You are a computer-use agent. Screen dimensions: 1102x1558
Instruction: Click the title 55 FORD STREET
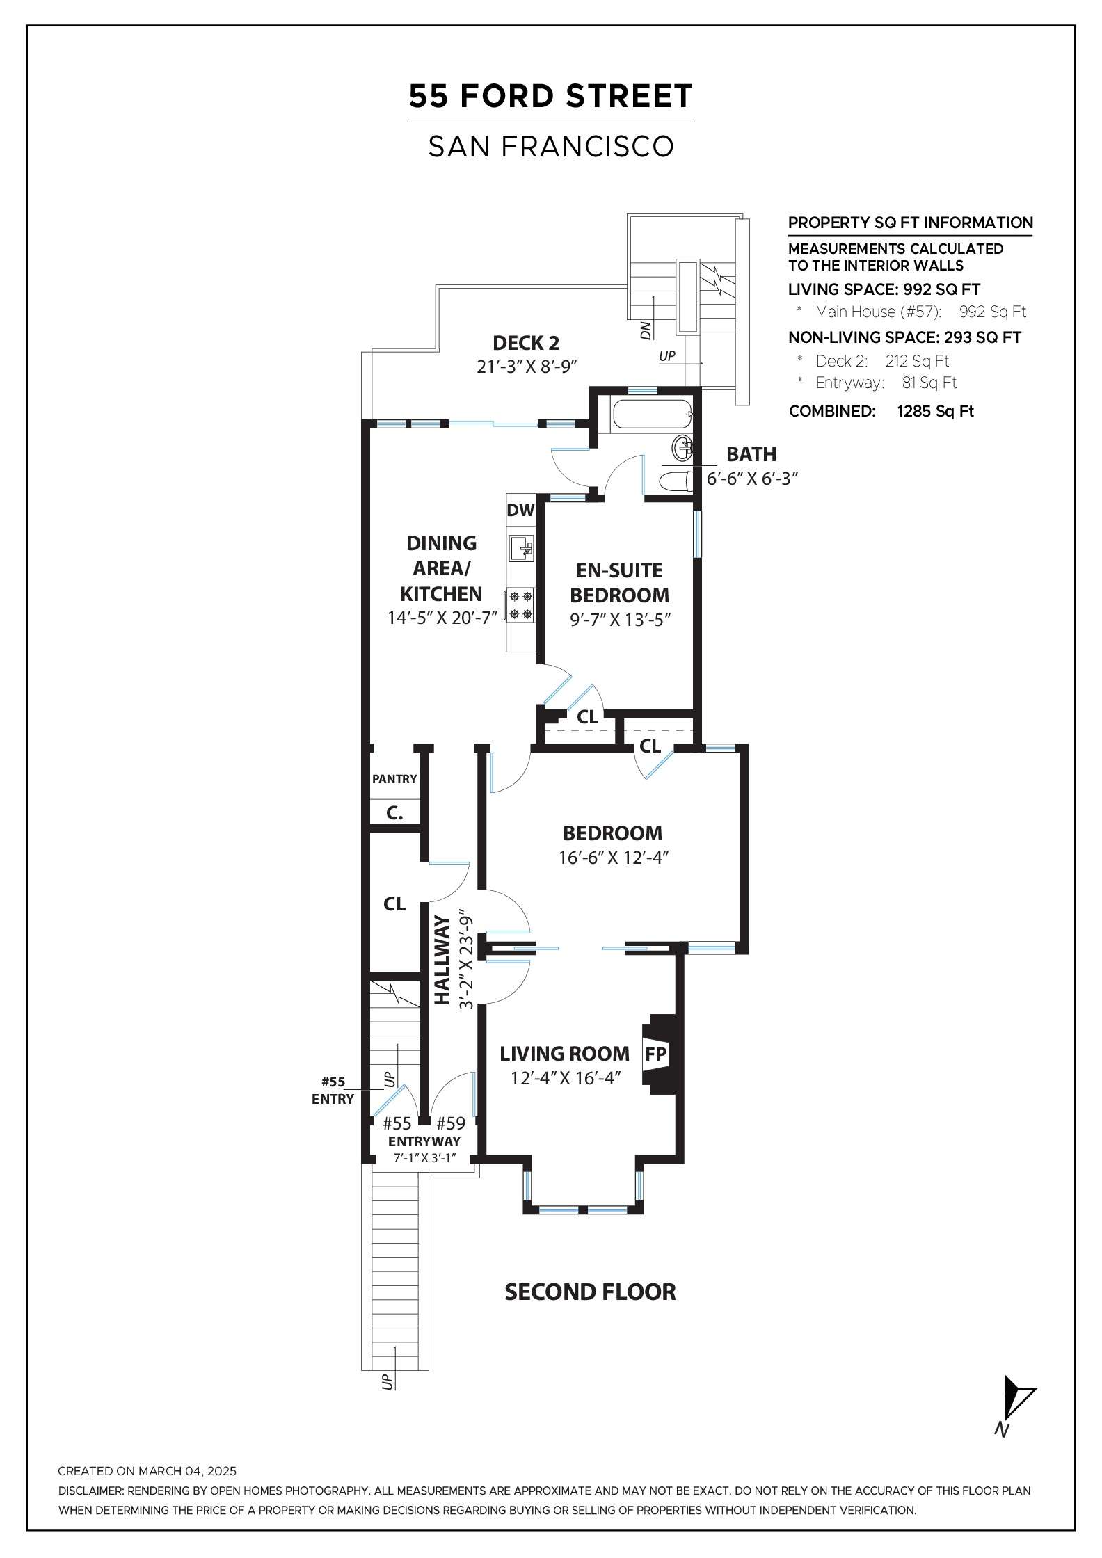(x=550, y=97)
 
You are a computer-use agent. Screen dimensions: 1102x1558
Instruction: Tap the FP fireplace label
(x=656, y=1054)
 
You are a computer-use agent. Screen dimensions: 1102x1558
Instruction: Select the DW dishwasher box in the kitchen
(x=520, y=510)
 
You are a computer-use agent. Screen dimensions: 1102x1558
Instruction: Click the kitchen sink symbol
(x=521, y=548)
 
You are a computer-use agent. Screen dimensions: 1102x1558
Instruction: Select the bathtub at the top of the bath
(x=652, y=415)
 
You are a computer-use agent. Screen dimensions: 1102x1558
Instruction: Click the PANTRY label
(x=394, y=779)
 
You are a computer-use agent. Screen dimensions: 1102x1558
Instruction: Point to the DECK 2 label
(x=526, y=343)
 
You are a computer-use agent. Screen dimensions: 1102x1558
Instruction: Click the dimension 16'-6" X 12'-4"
(x=614, y=858)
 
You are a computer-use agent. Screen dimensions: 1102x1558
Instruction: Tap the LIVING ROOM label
(x=564, y=1054)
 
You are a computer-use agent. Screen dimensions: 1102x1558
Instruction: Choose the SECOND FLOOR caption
(x=590, y=1292)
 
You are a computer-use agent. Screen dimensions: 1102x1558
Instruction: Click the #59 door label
(x=450, y=1123)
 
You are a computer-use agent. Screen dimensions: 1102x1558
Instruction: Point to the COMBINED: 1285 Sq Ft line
(x=881, y=411)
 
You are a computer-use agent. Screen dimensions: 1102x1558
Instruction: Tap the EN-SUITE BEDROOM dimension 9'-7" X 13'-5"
(x=620, y=620)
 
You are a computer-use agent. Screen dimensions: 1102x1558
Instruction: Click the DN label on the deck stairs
(x=646, y=330)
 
